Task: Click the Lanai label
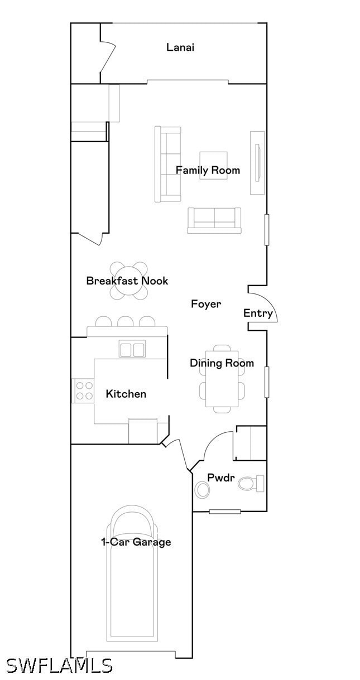[x=180, y=47]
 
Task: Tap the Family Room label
[x=208, y=170]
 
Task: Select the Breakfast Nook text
[x=127, y=281]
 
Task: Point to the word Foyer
[x=206, y=304]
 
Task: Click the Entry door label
[x=258, y=314]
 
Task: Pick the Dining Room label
[x=222, y=363]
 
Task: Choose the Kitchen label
[x=126, y=394]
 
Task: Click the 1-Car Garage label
[x=136, y=542]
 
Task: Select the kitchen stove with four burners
[x=83, y=390]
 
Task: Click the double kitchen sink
[x=132, y=349]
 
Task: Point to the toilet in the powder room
[x=251, y=483]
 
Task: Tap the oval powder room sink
[x=202, y=489]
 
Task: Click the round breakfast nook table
[x=129, y=281]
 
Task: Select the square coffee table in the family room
[x=213, y=166]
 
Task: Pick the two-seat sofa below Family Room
[x=214, y=220]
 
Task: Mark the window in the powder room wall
[x=225, y=512]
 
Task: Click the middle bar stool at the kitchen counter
[x=124, y=321]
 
